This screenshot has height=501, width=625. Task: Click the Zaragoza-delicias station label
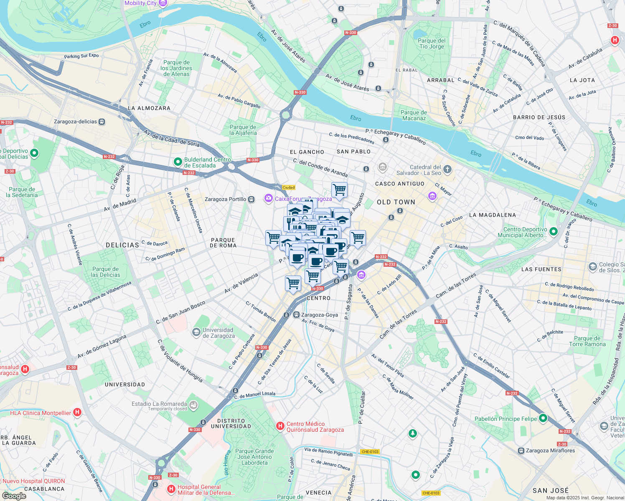pos(76,122)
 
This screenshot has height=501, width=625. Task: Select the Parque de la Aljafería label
pos(243,130)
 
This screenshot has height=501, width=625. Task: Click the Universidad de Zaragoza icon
pos(196,332)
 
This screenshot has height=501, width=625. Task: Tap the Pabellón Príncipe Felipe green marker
pos(543,418)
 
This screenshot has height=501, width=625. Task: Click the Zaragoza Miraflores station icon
pos(521,451)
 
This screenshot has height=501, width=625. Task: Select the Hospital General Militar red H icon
pos(171,489)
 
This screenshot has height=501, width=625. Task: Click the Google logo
pos(14,496)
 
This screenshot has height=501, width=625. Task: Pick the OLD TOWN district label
pos(396,202)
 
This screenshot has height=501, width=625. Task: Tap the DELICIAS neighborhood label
pos(122,245)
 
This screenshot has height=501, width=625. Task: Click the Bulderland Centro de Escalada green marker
pos(178,161)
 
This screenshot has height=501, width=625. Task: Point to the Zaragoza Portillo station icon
pos(251,200)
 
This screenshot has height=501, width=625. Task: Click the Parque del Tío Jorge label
pos(432,44)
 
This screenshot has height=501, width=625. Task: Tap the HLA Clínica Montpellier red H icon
pos(77,412)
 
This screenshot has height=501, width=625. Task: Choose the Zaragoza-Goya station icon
pos(296,315)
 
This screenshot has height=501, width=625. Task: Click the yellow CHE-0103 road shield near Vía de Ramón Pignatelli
pos(370,452)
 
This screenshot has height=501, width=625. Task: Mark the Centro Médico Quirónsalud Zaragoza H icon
pos(280,426)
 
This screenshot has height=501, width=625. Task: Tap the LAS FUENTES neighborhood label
pos(541,269)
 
